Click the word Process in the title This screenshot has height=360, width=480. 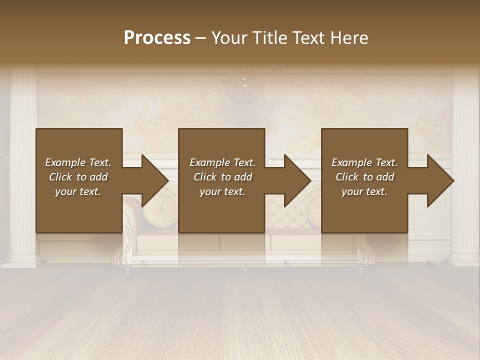click(x=157, y=38)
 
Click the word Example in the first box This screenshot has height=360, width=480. click(x=65, y=162)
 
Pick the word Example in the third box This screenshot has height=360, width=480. click(x=352, y=162)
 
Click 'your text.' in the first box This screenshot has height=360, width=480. click(x=78, y=191)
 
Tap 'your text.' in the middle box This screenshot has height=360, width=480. click(x=222, y=191)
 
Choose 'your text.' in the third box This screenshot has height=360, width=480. click(x=364, y=191)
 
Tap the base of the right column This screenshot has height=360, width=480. click(x=464, y=257)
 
